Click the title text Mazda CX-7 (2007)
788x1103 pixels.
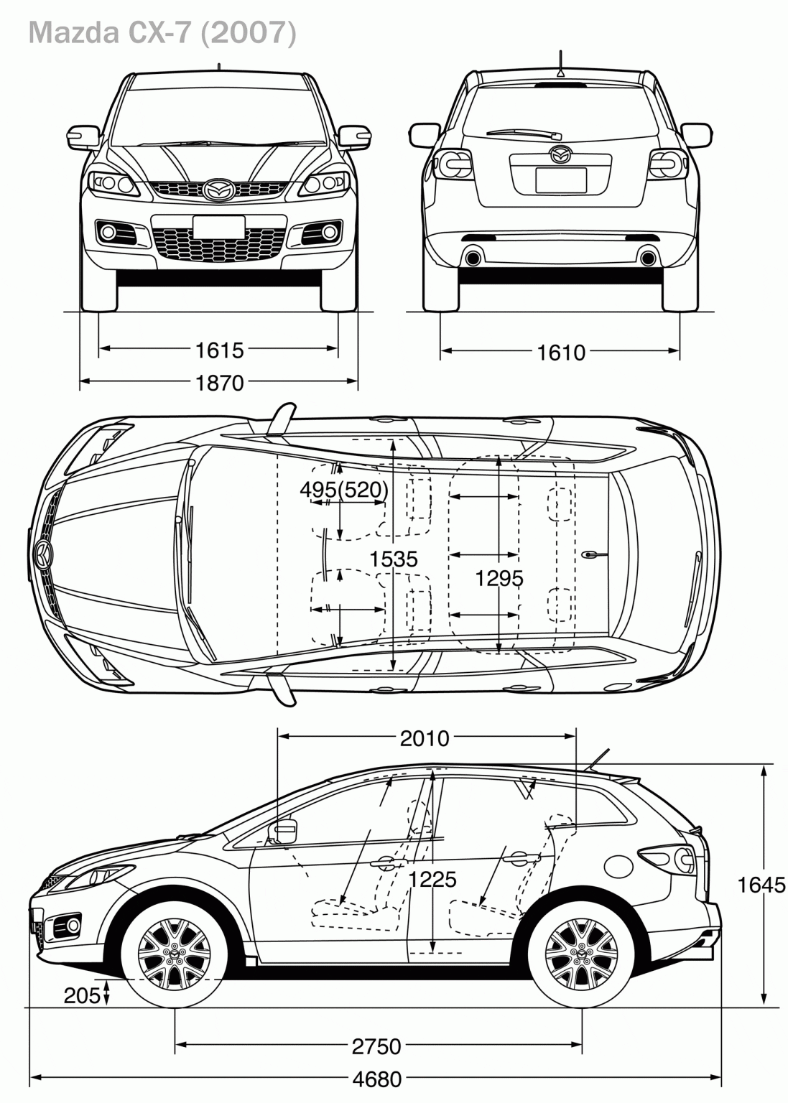click(x=162, y=34)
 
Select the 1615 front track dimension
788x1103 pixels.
click(x=220, y=350)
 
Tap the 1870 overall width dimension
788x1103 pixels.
click(x=220, y=383)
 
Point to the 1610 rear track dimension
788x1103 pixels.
click(x=561, y=352)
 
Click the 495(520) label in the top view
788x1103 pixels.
click(x=344, y=490)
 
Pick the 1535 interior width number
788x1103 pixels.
click(x=394, y=559)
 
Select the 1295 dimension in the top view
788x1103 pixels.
click(x=499, y=578)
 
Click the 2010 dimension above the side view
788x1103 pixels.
click(x=425, y=738)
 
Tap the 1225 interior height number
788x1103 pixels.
click(x=432, y=879)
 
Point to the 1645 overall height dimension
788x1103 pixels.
click(x=761, y=885)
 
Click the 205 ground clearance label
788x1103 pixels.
click(x=81, y=995)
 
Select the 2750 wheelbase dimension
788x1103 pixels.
click(x=376, y=1046)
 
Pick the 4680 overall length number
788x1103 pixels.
click(x=377, y=1079)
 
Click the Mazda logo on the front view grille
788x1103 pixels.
click(x=218, y=190)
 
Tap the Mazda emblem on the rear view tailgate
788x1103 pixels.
click(x=560, y=154)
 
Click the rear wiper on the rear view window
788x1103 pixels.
click(x=524, y=133)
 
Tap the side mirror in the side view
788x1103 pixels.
click(x=283, y=832)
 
